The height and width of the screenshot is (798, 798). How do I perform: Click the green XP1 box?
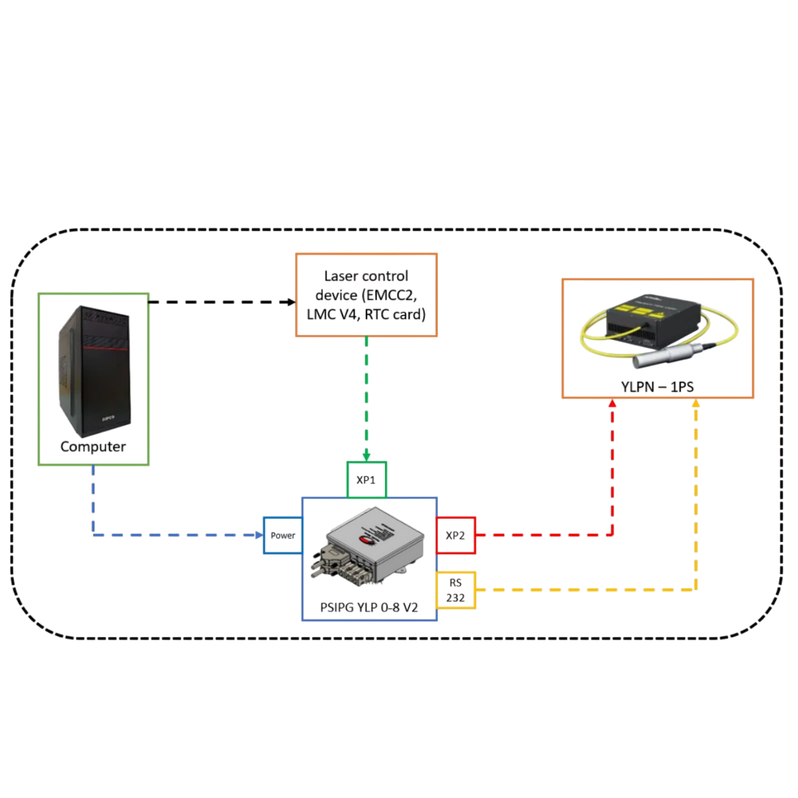pos(366,479)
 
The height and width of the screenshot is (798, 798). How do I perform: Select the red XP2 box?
pos(456,535)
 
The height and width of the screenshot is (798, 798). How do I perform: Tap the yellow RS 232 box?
pos(456,589)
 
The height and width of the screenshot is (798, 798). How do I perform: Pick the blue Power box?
pos(283,535)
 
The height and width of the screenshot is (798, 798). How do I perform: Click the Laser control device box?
pos(366,295)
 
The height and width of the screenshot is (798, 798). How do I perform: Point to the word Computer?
pos(93,446)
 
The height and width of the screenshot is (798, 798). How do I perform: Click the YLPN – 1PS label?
pos(657,386)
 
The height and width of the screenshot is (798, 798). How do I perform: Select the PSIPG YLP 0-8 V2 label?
pos(369,607)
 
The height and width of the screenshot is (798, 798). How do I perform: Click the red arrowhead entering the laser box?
pos(612,404)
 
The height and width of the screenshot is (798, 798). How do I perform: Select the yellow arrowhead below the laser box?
pos(696,404)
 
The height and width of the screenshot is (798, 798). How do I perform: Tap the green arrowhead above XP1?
pos(366,456)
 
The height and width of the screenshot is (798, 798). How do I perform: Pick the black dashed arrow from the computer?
pos(219,302)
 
